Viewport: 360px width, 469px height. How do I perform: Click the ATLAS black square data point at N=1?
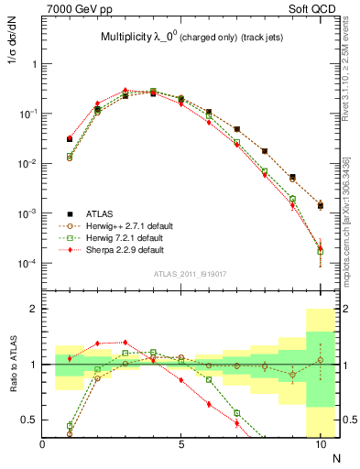[x=70, y=139]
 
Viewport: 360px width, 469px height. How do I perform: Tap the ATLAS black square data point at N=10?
[x=320, y=205]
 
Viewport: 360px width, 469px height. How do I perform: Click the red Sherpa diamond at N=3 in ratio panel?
[x=125, y=343]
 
